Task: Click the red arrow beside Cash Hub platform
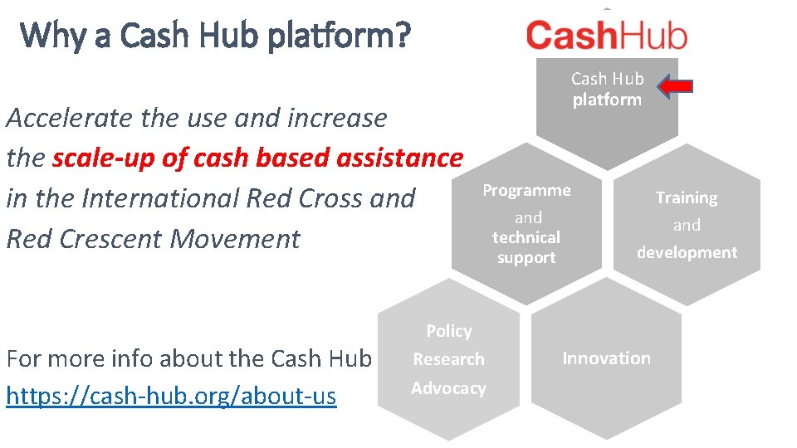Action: (x=677, y=86)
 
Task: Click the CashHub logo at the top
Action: (x=607, y=36)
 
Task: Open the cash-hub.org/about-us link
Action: (x=171, y=397)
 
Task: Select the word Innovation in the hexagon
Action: (x=606, y=358)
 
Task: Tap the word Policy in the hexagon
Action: (x=449, y=331)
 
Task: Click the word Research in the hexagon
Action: (x=448, y=359)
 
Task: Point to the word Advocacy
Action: (x=448, y=388)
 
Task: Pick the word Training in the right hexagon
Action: (x=687, y=197)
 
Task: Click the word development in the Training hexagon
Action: (x=687, y=252)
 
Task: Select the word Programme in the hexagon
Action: (x=526, y=190)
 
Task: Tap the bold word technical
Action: (x=526, y=237)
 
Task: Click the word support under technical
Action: (x=526, y=258)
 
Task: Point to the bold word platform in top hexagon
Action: (x=607, y=100)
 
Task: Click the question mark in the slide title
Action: (x=403, y=36)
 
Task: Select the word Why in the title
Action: (x=50, y=36)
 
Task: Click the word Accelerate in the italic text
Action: (x=70, y=118)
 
